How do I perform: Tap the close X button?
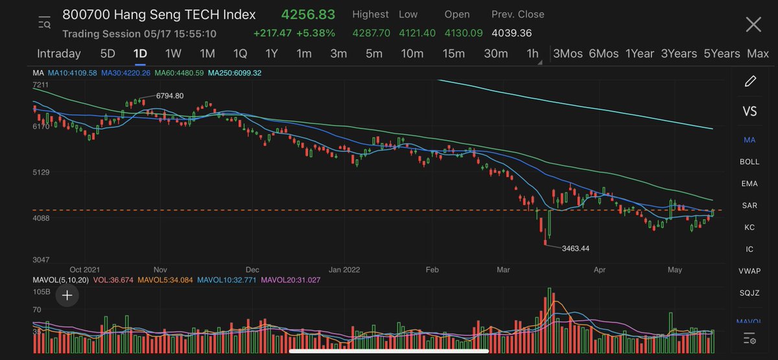(x=753, y=25)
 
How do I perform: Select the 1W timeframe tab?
(x=173, y=54)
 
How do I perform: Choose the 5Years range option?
(x=722, y=54)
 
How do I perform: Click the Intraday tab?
(x=59, y=54)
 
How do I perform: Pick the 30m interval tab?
(x=496, y=54)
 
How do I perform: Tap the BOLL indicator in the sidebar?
(x=749, y=162)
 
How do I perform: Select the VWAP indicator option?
(x=749, y=270)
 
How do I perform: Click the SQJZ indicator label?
(x=749, y=293)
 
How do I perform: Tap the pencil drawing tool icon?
(x=750, y=81)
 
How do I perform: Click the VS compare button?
(x=749, y=112)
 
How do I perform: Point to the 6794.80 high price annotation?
(x=170, y=96)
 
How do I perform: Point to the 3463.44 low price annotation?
(x=575, y=248)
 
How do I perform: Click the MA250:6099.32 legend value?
(x=235, y=73)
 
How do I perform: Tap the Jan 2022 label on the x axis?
(x=344, y=269)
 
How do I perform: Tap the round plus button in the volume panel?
(x=67, y=296)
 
